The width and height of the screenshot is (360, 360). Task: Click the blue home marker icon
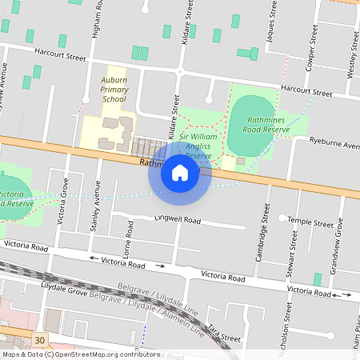180,173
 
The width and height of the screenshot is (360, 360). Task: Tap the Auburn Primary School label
114,90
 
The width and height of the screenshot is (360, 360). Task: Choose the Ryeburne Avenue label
334,145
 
